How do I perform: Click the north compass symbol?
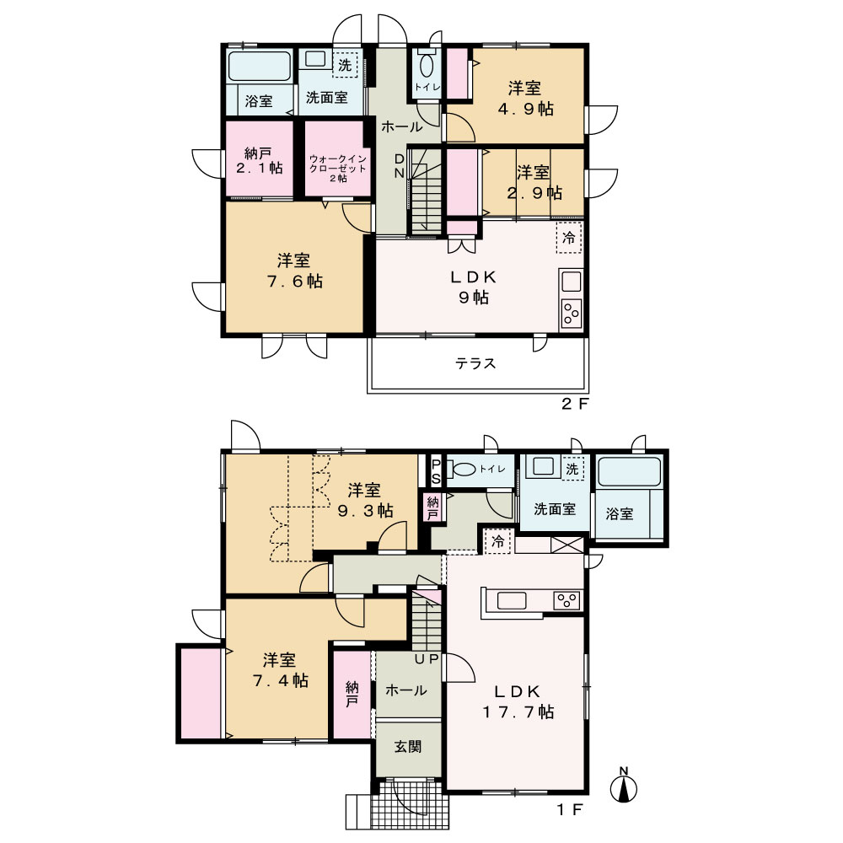(624, 786)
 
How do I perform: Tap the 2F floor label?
(575, 405)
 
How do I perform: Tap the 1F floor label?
(569, 809)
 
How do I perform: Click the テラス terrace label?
(475, 363)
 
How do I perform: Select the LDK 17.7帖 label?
(518, 701)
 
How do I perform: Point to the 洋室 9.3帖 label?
(365, 500)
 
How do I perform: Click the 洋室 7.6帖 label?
(294, 271)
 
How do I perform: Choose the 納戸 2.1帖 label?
(259, 160)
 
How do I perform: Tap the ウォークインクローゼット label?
(338, 169)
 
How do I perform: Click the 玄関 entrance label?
(408, 746)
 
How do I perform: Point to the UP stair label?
(427, 658)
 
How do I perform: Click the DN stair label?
(400, 165)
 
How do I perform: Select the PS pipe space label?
(436, 471)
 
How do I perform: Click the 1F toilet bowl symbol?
(462, 469)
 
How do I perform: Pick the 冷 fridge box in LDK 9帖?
(569, 237)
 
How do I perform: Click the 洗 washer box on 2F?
(345, 65)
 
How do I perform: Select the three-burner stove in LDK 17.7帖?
(567, 600)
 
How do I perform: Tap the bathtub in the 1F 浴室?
(629, 471)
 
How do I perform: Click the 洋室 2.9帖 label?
(534, 182)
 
